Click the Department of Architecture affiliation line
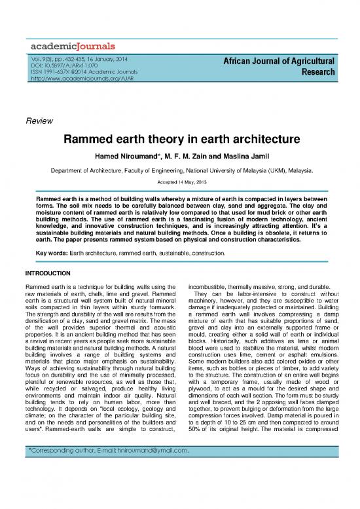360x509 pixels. click(180, 170)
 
